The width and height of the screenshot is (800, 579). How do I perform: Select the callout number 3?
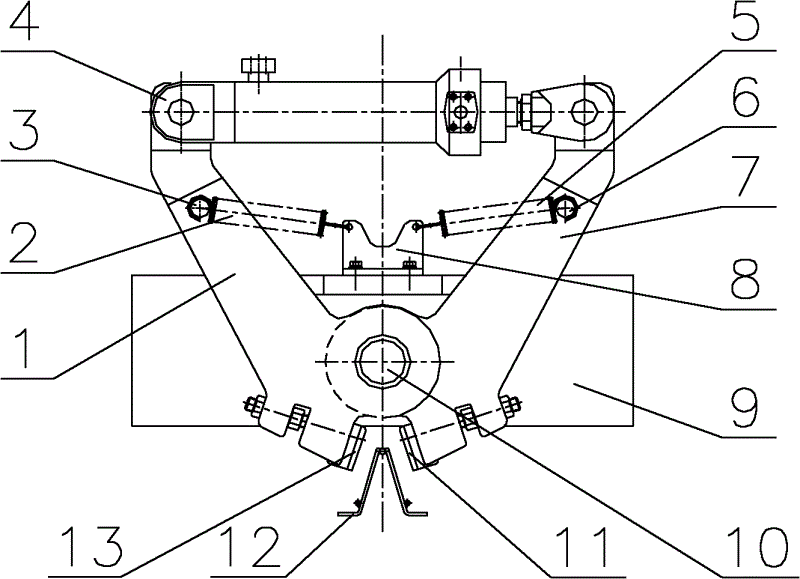pos(23,130)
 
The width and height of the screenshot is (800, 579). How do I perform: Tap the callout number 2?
pos(23,243)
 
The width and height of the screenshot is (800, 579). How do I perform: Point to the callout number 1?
pos(23,349)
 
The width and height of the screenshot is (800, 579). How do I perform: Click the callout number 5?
pos(744,24)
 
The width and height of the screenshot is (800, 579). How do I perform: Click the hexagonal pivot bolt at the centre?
pos(382,361)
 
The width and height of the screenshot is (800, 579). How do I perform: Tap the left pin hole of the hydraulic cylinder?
pos(181,111)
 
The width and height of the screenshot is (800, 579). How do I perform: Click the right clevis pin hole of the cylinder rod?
pos(584,111)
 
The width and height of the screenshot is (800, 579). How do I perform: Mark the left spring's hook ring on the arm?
pos(198,208)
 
